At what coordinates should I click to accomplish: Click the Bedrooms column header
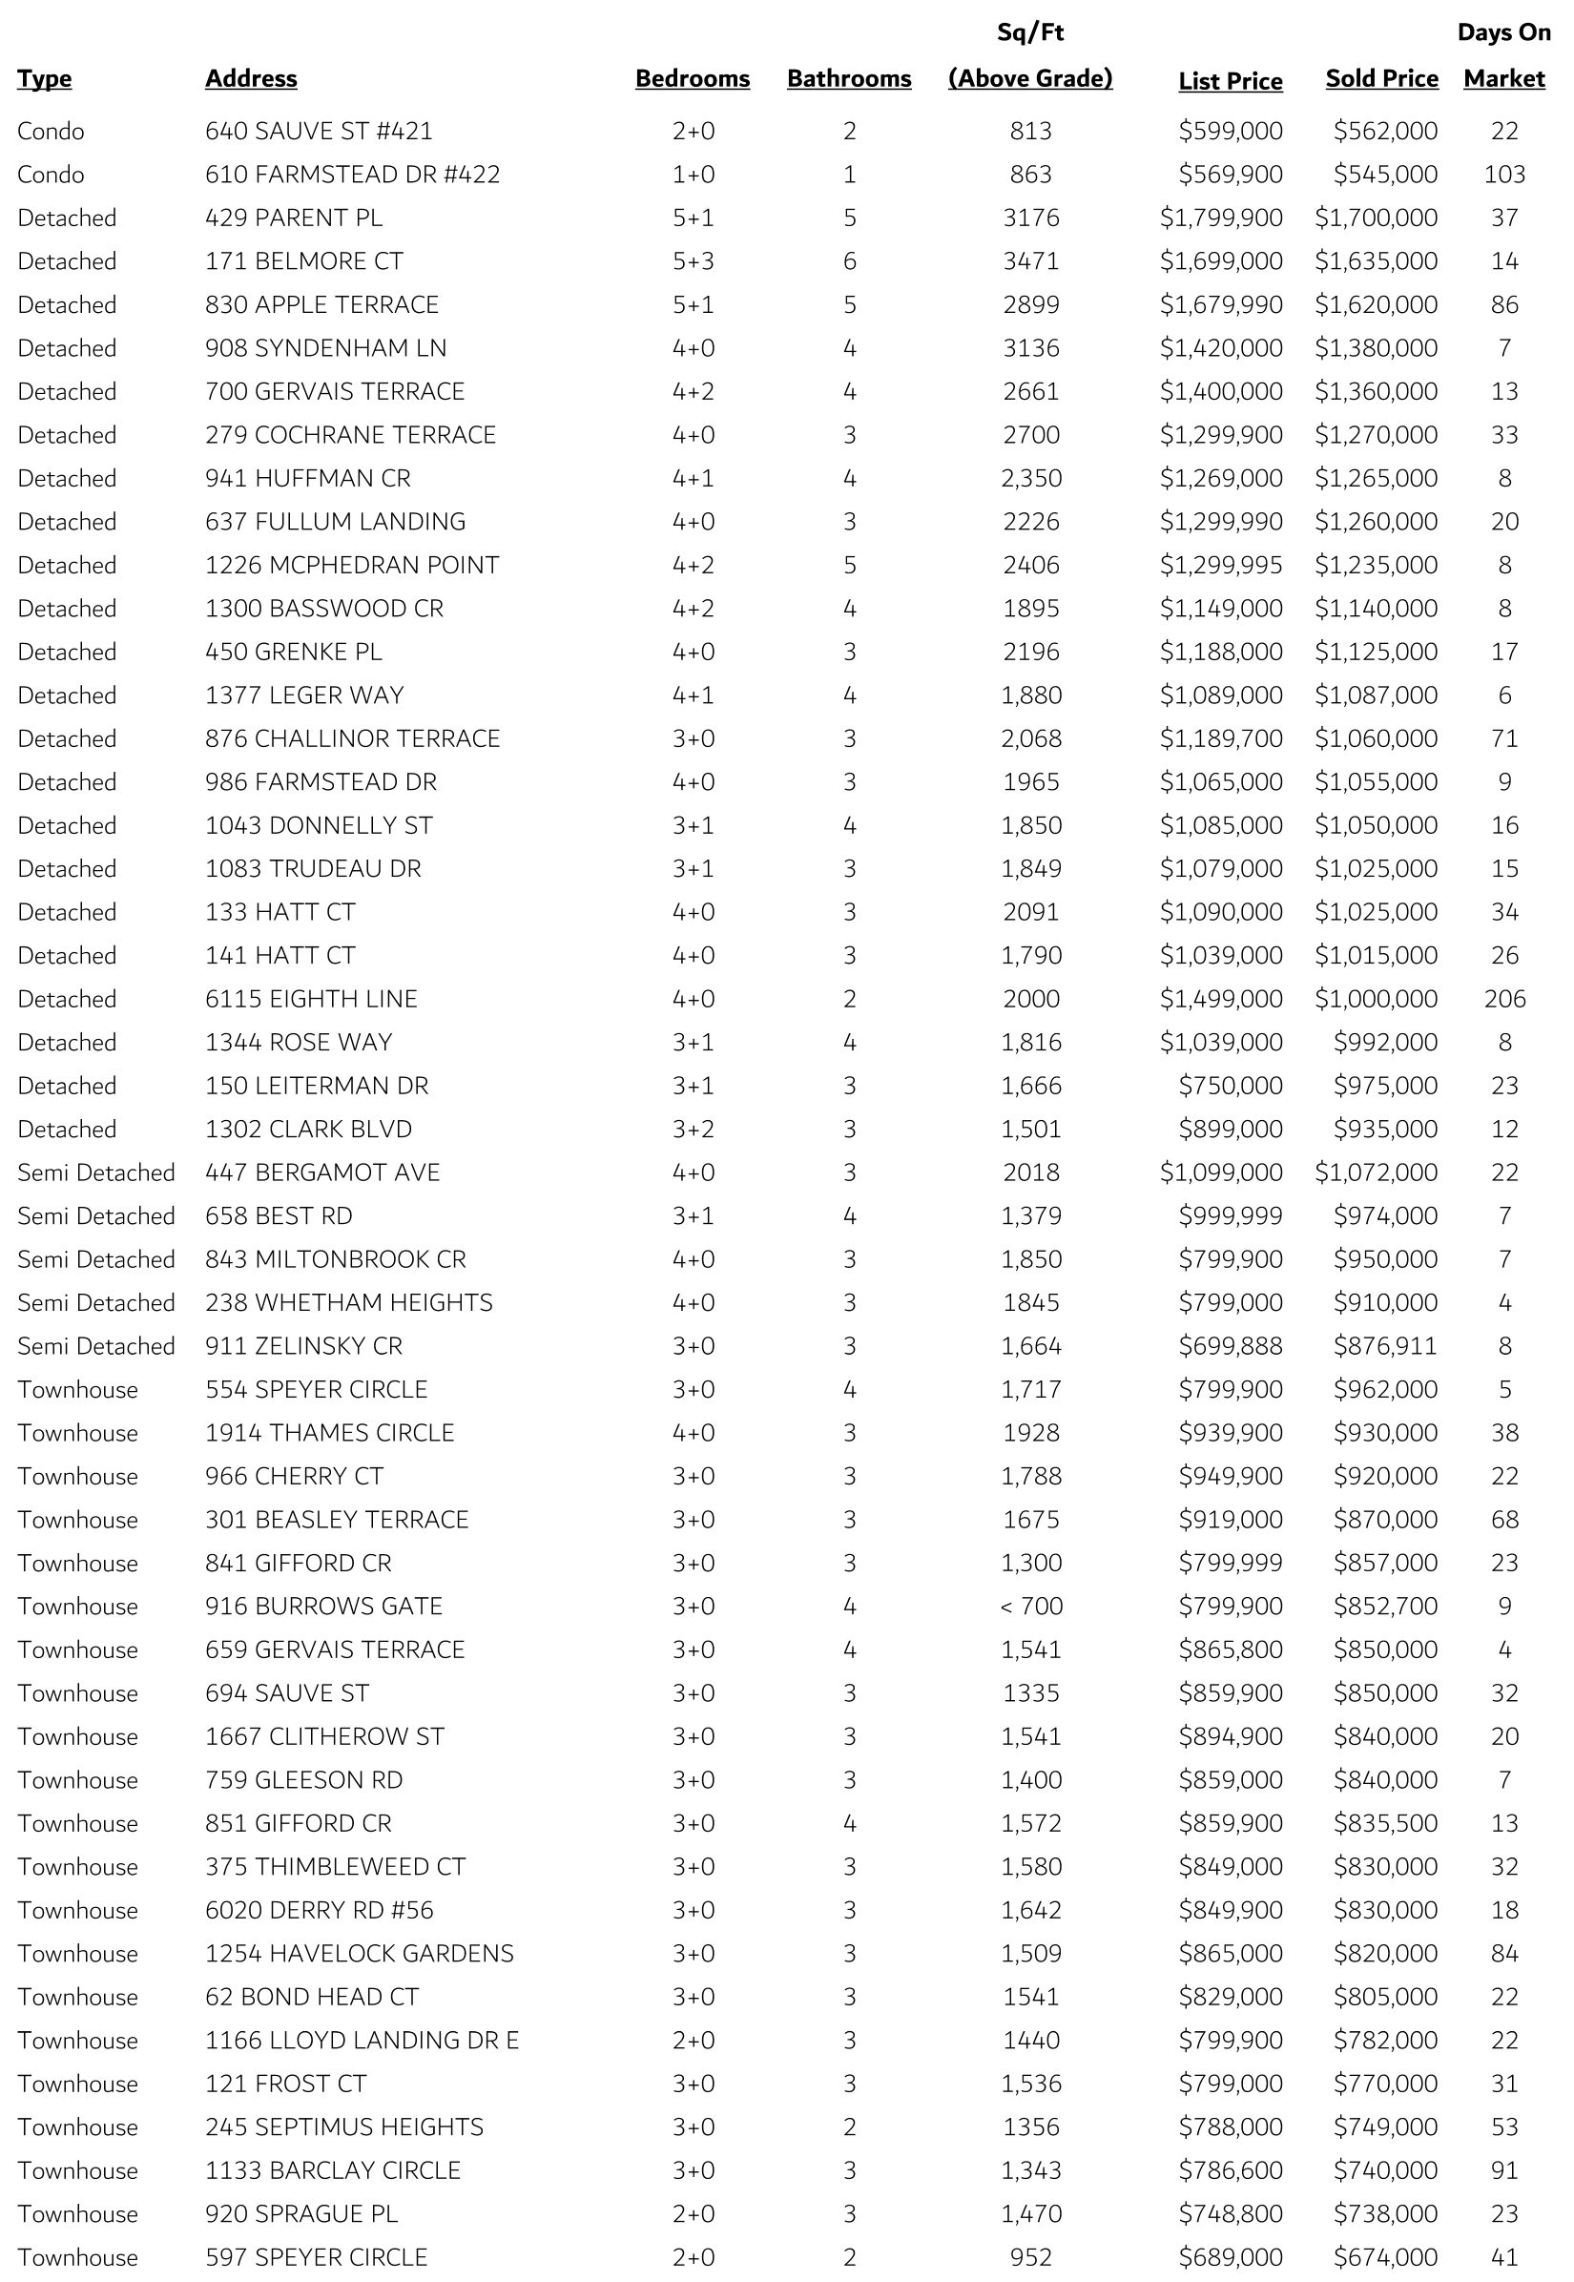tap(693, 79)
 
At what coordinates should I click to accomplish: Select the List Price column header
tap(1230, 81)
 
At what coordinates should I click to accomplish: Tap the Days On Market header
tap(1504, 56)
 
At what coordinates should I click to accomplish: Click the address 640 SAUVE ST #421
tap(319, 131)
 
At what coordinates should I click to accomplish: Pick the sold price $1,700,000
tap(1376, 218)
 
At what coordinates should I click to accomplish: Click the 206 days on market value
tap(1504, 999)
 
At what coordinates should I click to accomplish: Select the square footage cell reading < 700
tap(1030, 1607)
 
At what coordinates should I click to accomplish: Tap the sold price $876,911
tap(1386, 1346)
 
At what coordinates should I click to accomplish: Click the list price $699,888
tap(1231, 1346)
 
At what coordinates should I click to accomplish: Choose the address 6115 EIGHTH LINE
tap(311, 999)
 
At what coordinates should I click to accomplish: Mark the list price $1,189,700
tap(1221, 738)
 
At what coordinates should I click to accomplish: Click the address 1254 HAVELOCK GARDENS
tap(359, 1954)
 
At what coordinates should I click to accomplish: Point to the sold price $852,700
tap(1386, 1607)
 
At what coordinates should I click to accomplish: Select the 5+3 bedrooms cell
tap(693, 261)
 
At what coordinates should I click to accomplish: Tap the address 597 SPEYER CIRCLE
tap(316, 2257)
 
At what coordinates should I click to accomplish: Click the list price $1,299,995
tap(1221, 565)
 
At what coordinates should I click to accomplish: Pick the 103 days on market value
tap(1504, 175)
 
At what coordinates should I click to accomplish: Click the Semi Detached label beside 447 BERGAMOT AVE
tap(95, 1172)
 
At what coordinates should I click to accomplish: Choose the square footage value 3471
tap(1030, 261)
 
